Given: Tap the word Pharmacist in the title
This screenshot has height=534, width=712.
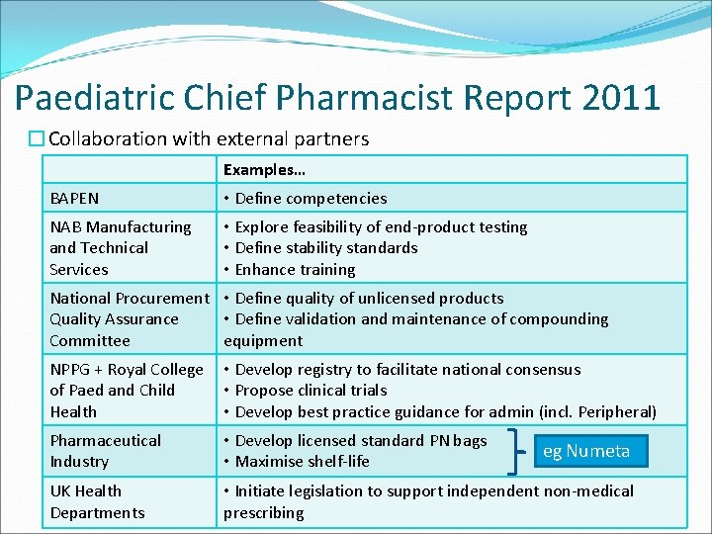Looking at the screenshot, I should coord(351,97).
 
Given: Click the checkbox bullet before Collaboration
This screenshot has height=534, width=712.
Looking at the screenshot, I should coord(37,139).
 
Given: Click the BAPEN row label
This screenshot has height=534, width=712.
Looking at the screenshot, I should coord(74,198).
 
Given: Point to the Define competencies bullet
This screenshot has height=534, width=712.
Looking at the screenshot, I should coord(306,198).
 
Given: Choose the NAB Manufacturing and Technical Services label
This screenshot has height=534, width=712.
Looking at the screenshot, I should coord(121,247).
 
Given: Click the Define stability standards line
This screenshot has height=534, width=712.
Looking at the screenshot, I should coord(320,247).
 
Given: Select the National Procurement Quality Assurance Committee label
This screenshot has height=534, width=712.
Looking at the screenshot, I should coord(129,318).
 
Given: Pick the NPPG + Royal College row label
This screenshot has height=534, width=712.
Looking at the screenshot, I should coord(127,390).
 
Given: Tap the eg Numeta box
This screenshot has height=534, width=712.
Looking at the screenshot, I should coord(586,451).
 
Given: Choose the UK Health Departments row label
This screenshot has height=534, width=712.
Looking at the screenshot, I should coord(97,501).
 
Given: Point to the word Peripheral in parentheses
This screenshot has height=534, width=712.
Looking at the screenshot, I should coord(614,411).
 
